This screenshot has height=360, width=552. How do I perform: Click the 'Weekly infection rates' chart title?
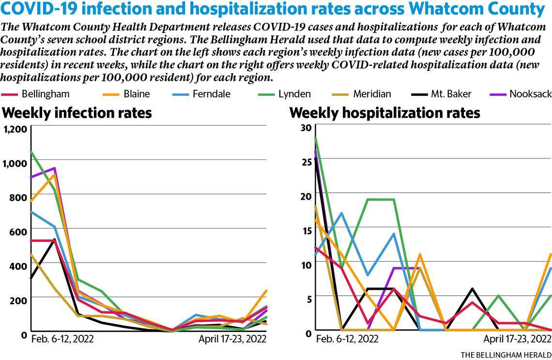(77, 113)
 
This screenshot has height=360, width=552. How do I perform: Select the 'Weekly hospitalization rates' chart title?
(384, 113)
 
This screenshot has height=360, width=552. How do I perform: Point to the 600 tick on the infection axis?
(17, 232)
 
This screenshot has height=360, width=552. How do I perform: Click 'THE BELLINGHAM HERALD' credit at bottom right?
(506, 355)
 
